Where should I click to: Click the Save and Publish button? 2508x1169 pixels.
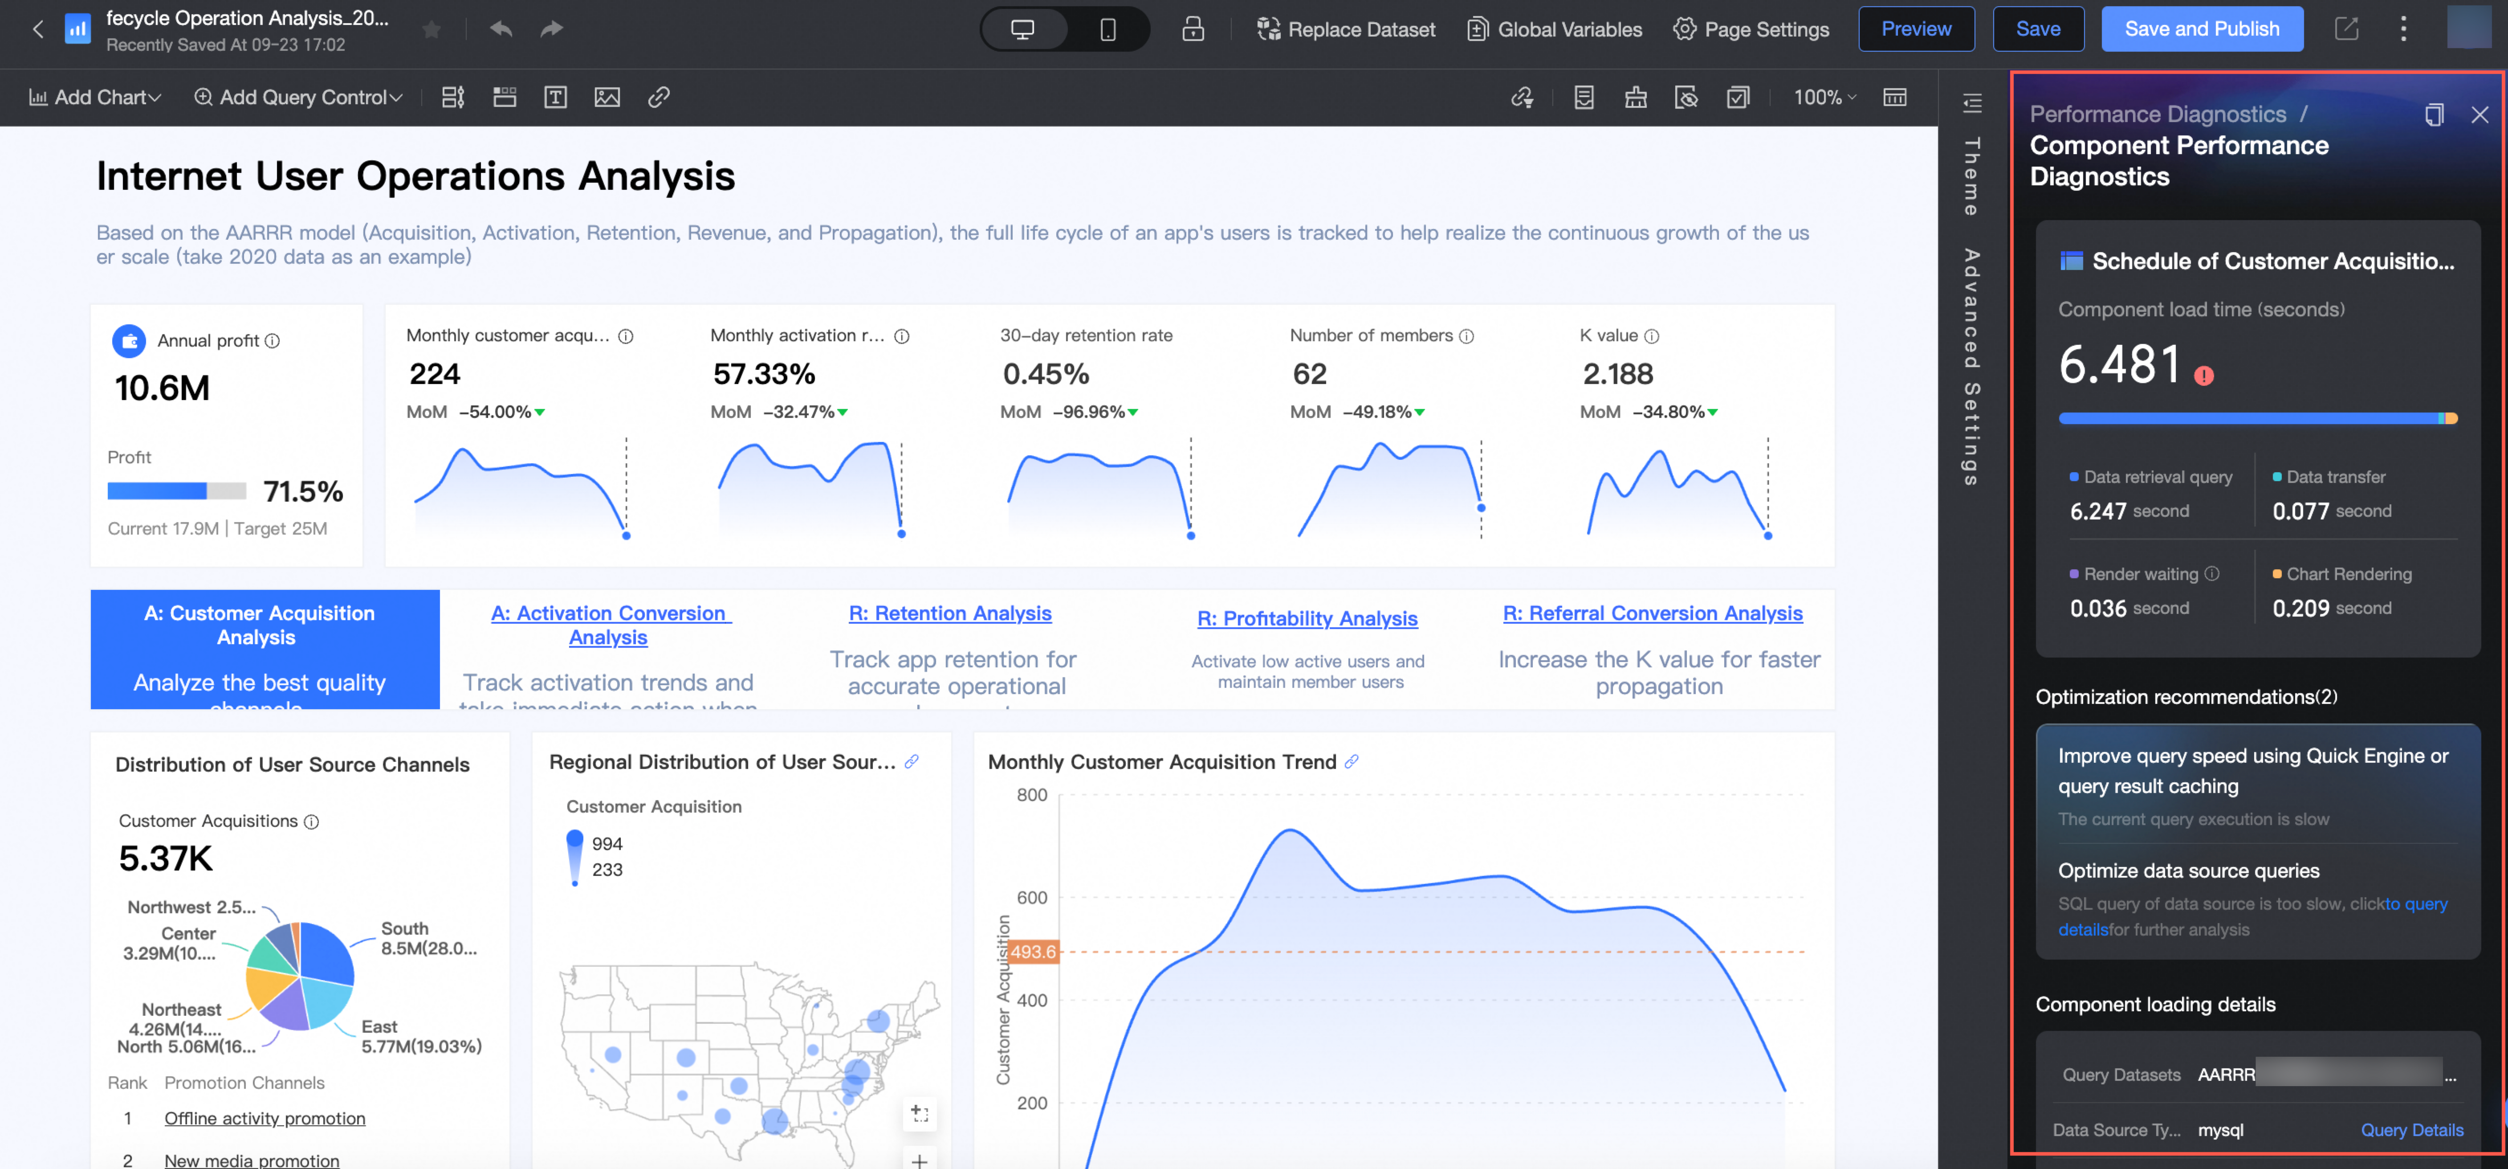pyautogui.click(x=2201, y=29)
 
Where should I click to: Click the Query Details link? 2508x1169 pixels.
pyautogui.click(x=2412, y=1130)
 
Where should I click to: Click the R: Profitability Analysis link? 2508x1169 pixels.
pyautogui.click(x=1307, y=619)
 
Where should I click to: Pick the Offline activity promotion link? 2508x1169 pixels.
pyautogui.click(x=265, y=1118)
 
